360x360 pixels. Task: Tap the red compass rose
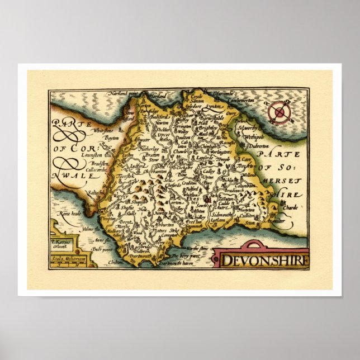coord(280,113)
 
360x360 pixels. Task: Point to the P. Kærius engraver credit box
coord(61,244)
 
